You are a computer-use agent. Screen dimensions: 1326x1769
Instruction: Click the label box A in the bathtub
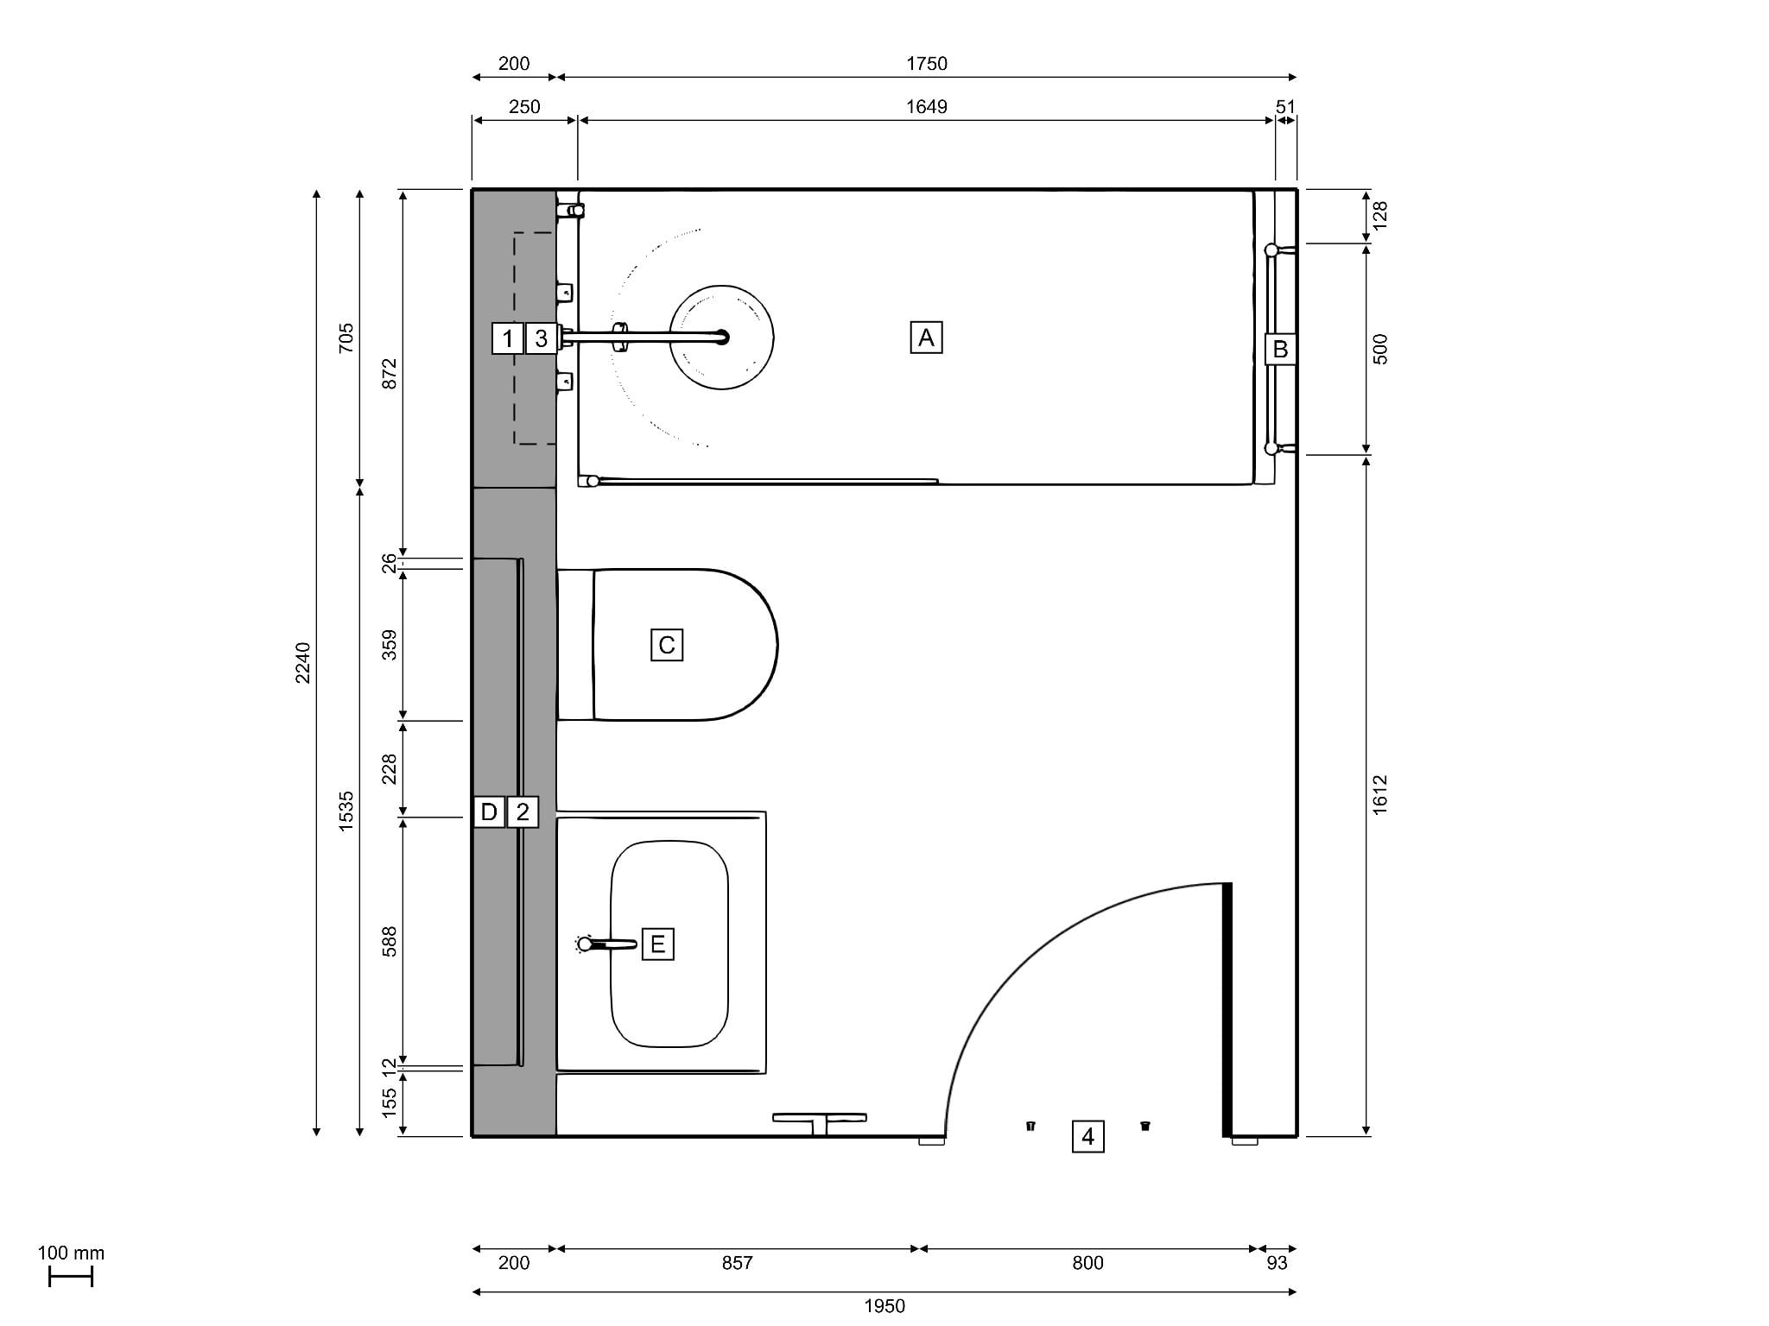(x=926, y=338)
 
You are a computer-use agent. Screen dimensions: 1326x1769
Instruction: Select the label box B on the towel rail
(x=1280, y=350)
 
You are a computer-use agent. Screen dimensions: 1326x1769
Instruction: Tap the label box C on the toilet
(x=667, y=645)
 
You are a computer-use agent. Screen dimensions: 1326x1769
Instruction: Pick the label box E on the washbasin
(x=657, y=944)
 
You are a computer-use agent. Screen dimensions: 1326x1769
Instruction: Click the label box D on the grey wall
(x=489, y=812)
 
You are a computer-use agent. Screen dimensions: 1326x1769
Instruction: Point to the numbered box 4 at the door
(x=1087, y=1137)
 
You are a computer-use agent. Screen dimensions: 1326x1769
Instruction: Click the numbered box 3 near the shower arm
(x=542, y=338)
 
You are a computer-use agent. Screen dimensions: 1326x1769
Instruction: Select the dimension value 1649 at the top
(x=926, y=107)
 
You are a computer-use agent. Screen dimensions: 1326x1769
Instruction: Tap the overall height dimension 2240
(x=303, y=662)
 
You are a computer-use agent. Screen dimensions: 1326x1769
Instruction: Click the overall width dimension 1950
(x=884, y=1306)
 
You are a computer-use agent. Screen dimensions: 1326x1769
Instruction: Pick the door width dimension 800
(x=1087, y=1263)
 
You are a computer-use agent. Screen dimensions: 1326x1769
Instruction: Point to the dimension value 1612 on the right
(x=1379, y=793)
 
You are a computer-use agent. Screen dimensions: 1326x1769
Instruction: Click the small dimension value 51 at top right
(x=1285, y=107)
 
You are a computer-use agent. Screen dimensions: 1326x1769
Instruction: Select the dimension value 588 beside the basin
(x=390, y=941)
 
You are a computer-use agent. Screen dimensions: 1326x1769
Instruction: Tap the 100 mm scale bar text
(x=71, y=1253)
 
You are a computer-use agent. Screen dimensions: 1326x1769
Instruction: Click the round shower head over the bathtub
(x=721, y=338)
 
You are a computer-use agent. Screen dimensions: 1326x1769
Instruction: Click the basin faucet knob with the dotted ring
(x=585, y=944)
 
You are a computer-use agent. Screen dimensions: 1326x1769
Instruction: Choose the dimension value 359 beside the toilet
(x=390, y=645)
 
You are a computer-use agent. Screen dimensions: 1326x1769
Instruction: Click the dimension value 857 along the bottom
(x=737, y=1263)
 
